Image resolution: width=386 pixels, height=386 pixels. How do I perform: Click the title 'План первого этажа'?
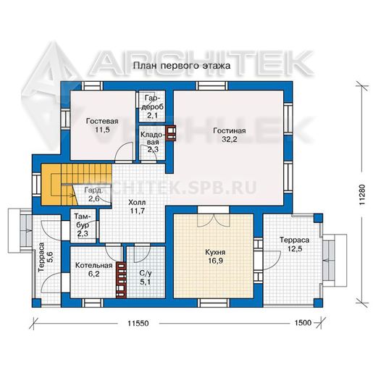[x=182, y=66]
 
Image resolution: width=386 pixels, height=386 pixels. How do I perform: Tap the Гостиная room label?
[x=230, y=130]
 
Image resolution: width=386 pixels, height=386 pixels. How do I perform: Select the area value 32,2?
[x=230, y=139]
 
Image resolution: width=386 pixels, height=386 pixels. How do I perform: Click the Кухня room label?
[x=215, y=252]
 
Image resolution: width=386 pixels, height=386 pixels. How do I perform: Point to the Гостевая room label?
[x=102, y=121]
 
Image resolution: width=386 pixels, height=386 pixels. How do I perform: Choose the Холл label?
[x=137, y=203]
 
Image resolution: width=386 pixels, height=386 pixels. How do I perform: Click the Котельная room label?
[x=94, y=265]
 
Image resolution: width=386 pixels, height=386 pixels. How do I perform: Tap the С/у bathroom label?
[x=146, y=273]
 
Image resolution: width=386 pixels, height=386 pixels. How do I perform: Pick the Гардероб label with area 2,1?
[x=153, y=106]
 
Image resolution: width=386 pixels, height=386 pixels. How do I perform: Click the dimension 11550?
[x=138, y=323]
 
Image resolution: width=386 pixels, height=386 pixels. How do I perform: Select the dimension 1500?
[x=303, y=322]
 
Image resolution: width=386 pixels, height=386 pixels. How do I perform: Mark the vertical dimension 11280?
[x=365, y=195]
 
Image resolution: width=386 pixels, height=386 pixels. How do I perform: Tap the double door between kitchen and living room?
[x=214, y=220]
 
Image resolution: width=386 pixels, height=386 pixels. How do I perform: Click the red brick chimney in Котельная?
[x=121, y=280]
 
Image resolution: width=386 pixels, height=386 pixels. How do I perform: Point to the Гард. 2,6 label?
[x=93, y=194]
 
